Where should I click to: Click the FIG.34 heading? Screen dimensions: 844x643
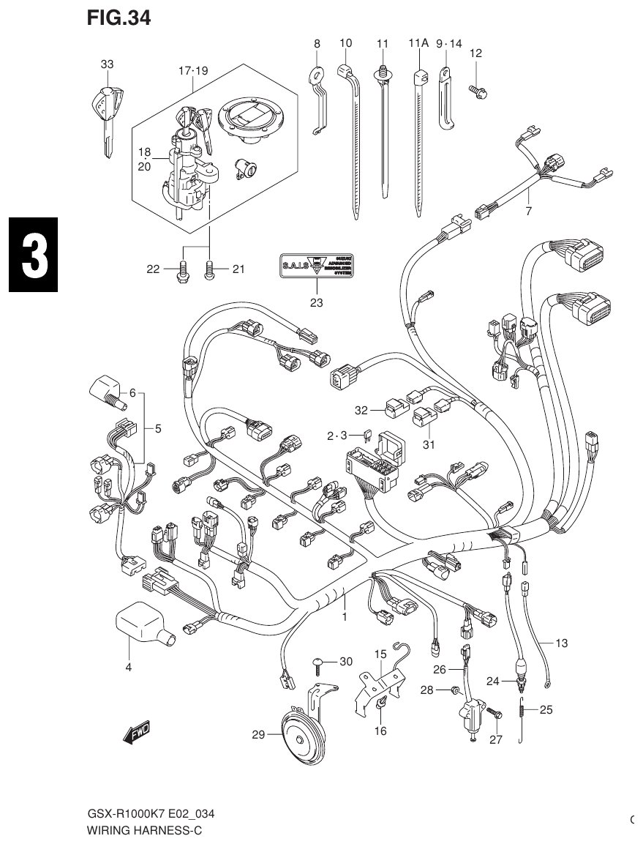(119, 18)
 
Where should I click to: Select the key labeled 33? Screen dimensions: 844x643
(108, 113)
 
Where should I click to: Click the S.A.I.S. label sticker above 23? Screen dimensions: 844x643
(316, 266)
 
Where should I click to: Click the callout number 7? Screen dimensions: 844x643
(528, 212)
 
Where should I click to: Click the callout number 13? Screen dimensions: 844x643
(561, 643)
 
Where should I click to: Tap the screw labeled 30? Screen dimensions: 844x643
(320, 663)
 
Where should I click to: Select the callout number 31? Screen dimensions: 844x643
(428, 444)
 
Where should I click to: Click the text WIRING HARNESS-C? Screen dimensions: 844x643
(144, 831)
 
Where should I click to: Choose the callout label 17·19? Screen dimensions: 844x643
(193, 71)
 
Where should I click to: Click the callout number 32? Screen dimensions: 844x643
(361, 410)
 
